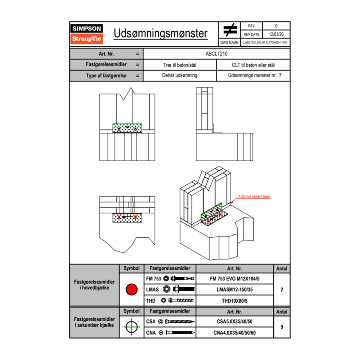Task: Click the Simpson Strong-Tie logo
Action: [87, 34]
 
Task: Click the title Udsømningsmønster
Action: [160, 34]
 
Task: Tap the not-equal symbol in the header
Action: [230, 30]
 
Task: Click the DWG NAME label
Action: [229, 42]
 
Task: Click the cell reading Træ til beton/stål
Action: [180, 65]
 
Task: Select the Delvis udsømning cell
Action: [180, 76]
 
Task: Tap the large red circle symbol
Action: [131, 290]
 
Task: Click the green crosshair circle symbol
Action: [131, 326]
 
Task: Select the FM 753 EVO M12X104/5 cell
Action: [234, 279]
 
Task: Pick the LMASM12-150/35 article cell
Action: [234, 290]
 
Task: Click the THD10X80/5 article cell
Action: [234, 301]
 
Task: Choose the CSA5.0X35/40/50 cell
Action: [234, 321]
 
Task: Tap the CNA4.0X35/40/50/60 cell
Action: [234, 333]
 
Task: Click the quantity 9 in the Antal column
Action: [281, 327]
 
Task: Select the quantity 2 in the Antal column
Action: [281, 290]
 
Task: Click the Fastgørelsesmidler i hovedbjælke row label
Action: [94, 285]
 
